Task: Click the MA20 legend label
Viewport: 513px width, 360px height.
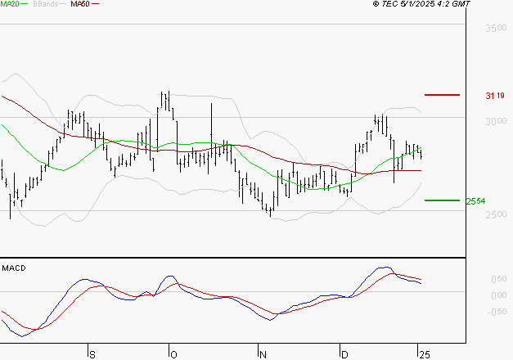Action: click(x=11, y=4)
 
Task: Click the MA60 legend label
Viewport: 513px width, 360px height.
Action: click(x=80, y=4)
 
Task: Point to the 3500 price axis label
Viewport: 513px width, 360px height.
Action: click(x=496, y=29)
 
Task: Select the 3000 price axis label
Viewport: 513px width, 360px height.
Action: click(x=496, y=122)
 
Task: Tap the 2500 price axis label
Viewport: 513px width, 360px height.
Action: click(x=496, y=215)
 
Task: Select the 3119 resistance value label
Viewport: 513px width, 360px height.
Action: click(x=493, y=96)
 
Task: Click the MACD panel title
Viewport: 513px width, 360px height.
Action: click(x=14, y=268)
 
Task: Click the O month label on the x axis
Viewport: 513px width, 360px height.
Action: click(x=173, y=353)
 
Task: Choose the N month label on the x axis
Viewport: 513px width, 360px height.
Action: click(x=263, y=353)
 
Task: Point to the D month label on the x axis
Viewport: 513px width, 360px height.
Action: click(x=344, y=353)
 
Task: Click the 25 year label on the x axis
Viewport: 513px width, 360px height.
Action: click(x=424, y=353)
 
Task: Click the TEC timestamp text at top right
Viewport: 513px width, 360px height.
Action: click(x=421, y=4)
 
